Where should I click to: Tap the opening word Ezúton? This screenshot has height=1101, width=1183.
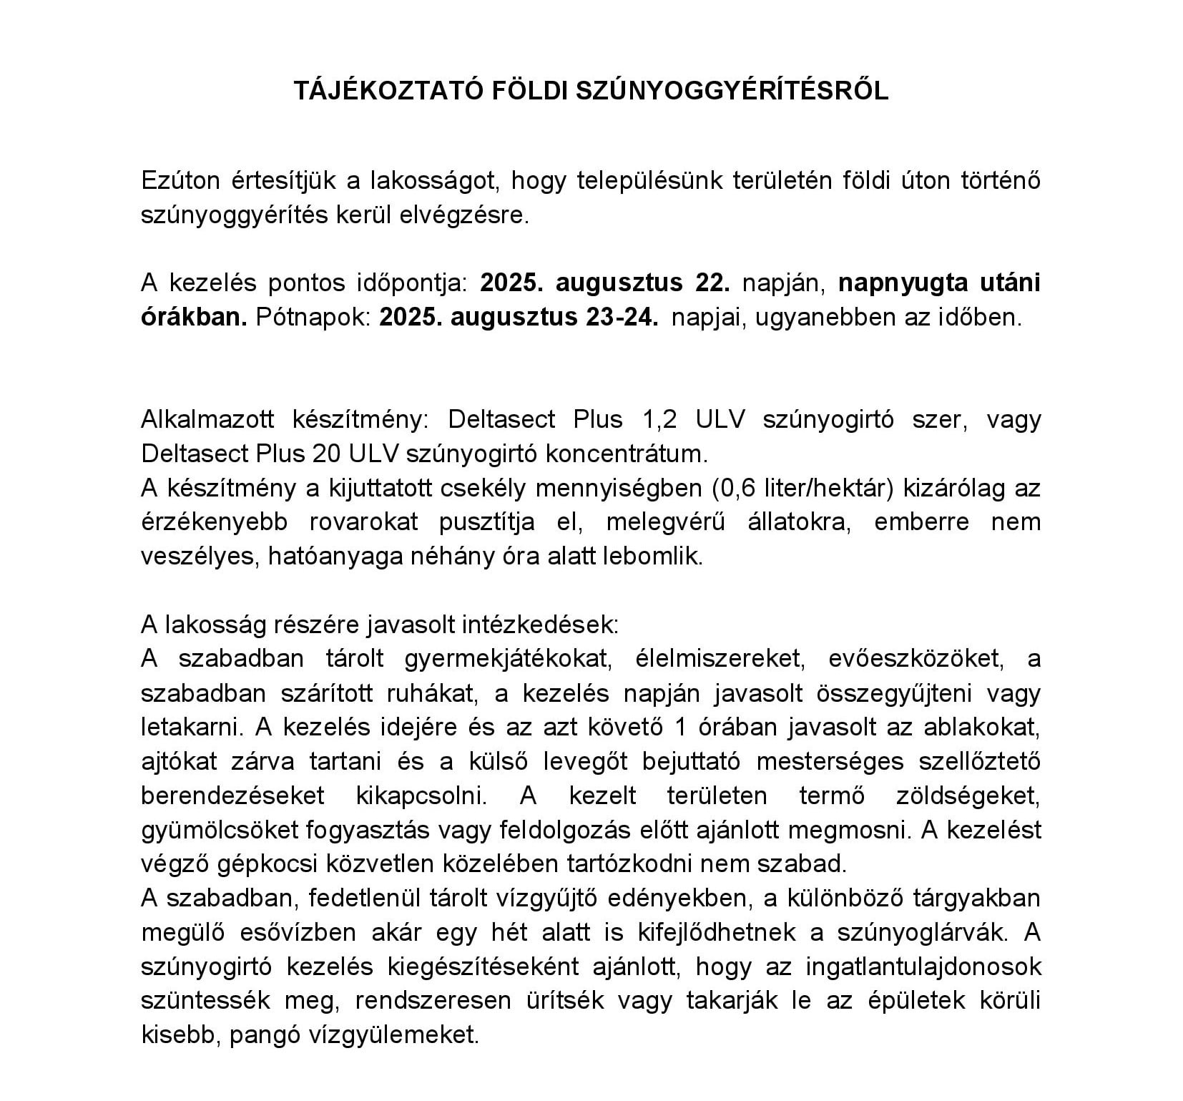tap(180, 181)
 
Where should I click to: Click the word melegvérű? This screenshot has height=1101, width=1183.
tap(665, 522)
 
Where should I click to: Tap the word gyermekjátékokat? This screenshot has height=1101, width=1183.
tap(507, 659)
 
